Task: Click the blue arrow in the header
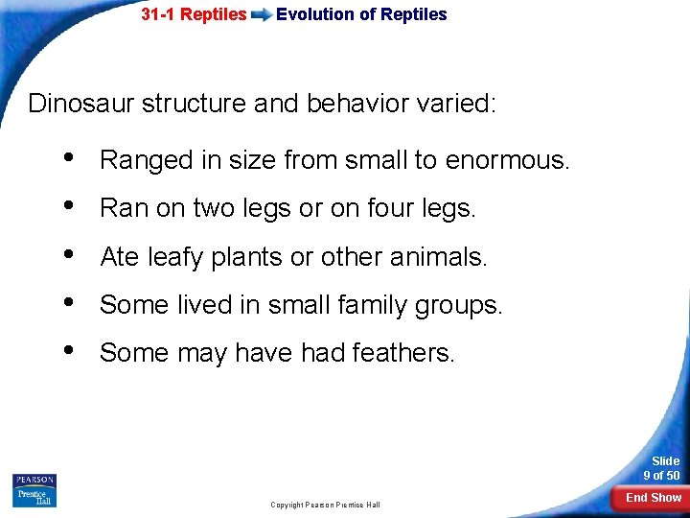[261, 15]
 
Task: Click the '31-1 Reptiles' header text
[194, 15]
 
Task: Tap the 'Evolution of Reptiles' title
[361, 14]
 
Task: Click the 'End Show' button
[654, 497]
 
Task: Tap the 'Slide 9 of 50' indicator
[660, 468]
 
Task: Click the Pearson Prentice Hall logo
[34, 489]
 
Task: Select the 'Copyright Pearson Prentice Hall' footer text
[325, 505]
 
